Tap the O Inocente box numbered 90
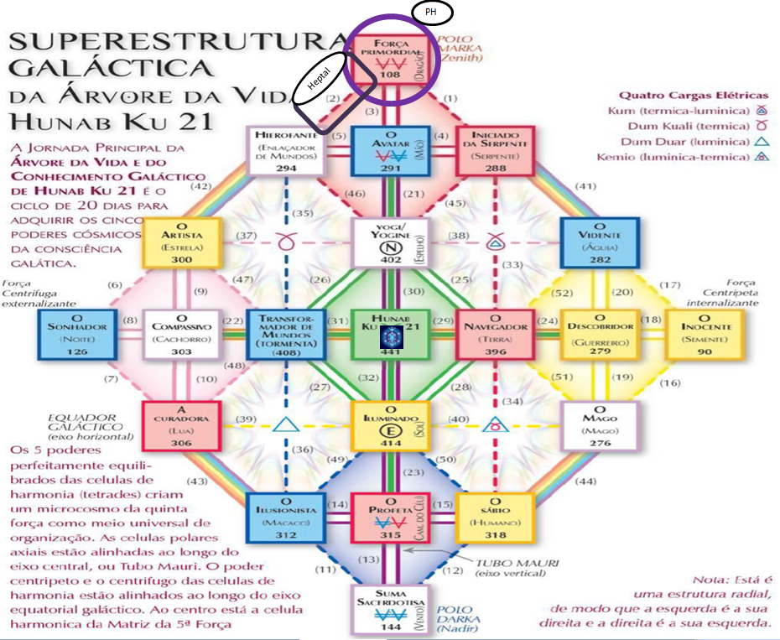[x=704, y=334]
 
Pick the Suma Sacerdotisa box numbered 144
[x=390, y=610]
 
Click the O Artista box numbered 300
[x=180, y=242]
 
